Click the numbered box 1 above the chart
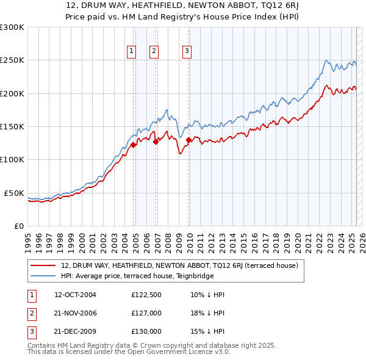[x=131, y=51]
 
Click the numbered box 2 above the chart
[x=154, y=51]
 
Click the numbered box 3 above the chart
[x=187, y=51]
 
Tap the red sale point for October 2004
[x=133, y=145]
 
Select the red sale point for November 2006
[x=156, y=142]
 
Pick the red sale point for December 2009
[x=189, y=140]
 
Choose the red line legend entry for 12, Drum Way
[x=179, y=265]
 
